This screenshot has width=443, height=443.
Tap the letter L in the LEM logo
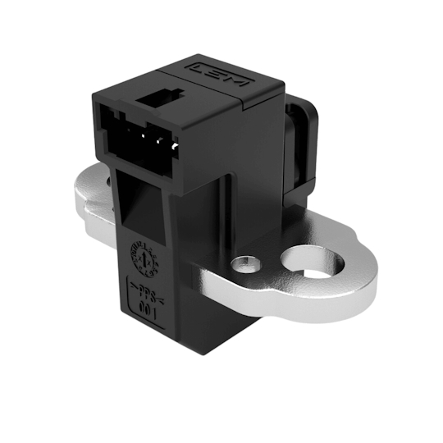click(x=198, y=66)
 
